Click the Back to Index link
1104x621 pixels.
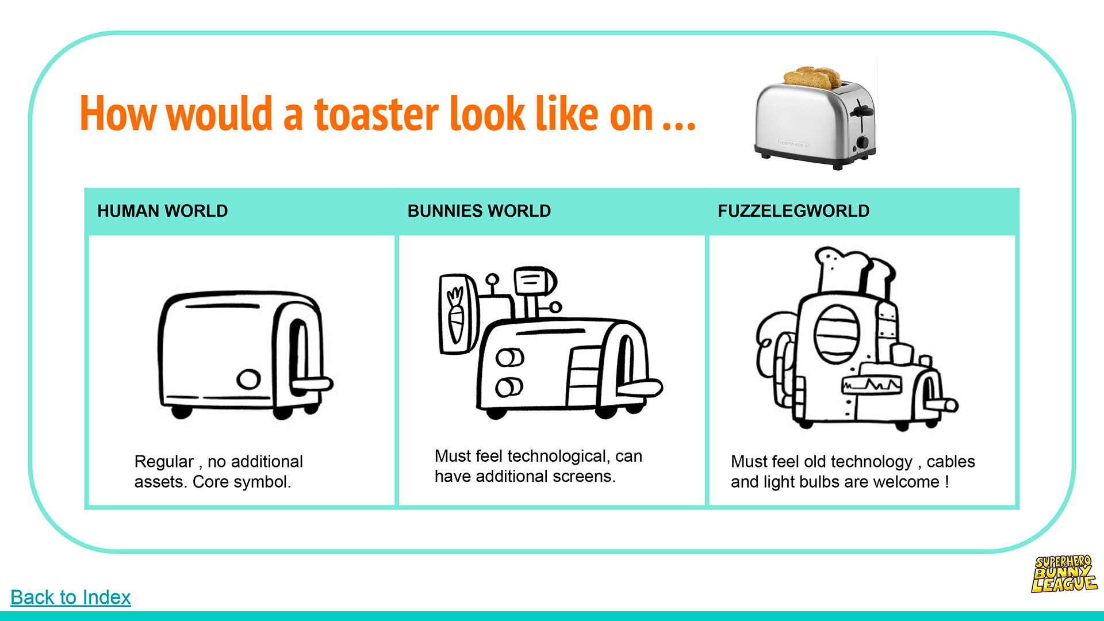[x=70, y=597]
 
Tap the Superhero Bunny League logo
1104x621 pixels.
[x=1064, y=573]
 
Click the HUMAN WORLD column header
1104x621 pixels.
[x=162, y=211]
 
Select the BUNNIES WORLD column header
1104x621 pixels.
[x=479, y=211]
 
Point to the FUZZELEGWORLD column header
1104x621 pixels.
[x=793, y=211]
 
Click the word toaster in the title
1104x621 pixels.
[x=377, y=114]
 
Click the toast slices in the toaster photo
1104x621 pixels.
[x=812, y=77]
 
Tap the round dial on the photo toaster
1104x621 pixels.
[x=862, y=142]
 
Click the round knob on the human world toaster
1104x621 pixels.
[x=248, y=379]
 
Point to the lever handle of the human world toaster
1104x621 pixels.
[x=313, y=384]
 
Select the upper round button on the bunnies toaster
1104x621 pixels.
[x=509, y=358]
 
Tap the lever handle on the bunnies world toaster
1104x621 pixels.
[x=641, y=388]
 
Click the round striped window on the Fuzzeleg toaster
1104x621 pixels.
[x=837, y=334]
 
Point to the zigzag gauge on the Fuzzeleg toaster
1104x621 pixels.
[x=872, y=384]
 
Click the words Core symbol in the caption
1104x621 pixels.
[x=241, y=482]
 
